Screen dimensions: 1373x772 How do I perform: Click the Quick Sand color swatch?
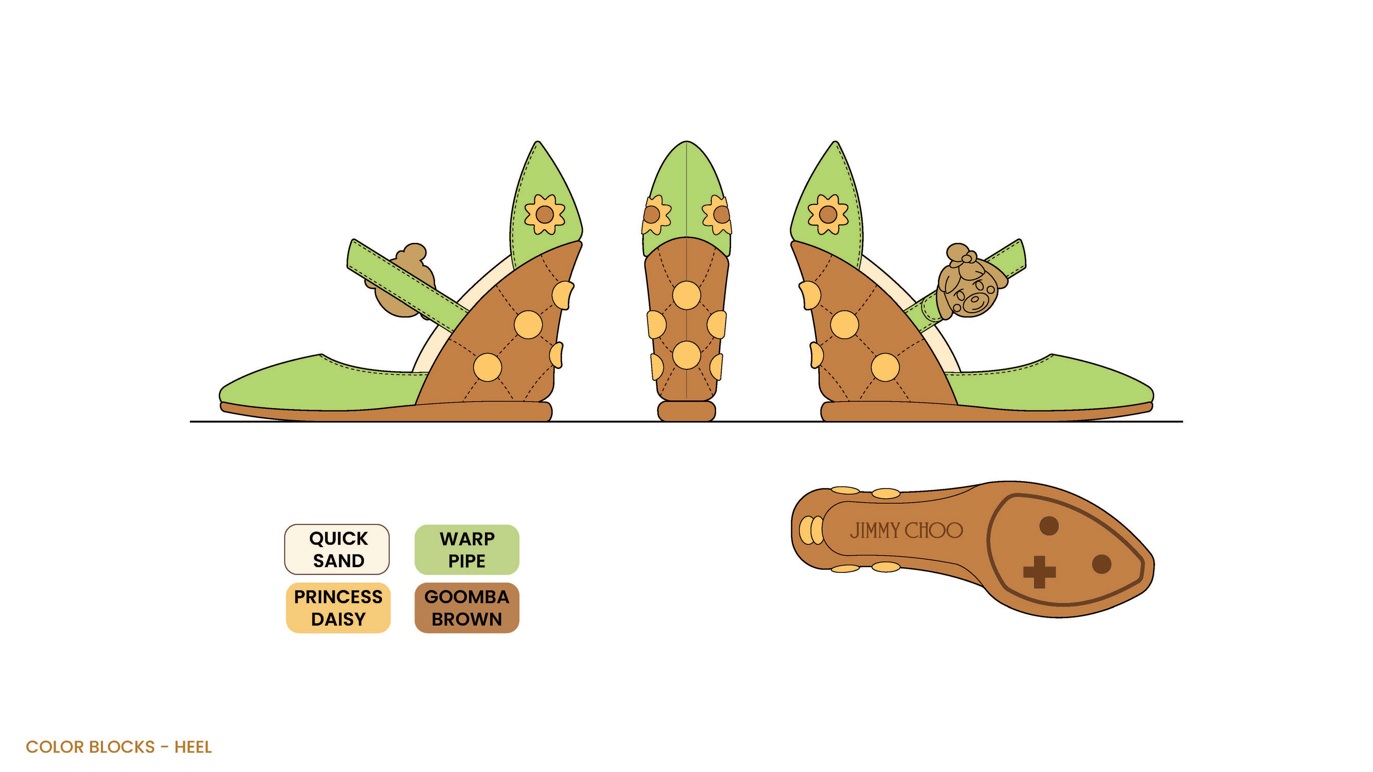(337, 549)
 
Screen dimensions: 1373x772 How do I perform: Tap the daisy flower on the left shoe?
(544, 214)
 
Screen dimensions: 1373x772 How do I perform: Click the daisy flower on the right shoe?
(827, 214)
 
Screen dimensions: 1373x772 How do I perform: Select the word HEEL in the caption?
(193, 747)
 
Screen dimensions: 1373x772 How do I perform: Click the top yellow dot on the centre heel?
(686, 295)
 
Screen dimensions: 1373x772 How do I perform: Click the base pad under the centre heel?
(686, 411)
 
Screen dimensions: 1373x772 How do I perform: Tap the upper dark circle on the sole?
(1049, 526)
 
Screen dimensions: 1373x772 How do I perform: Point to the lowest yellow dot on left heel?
(487, 367)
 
